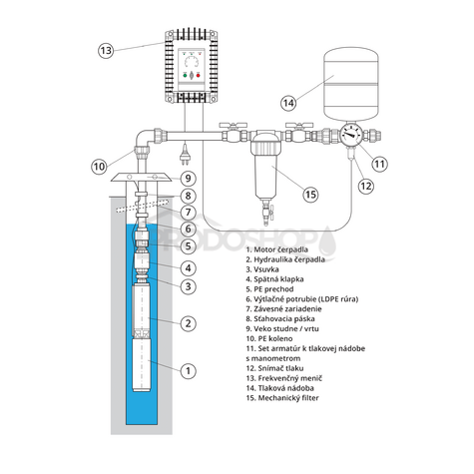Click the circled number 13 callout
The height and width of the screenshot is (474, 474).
pyautogui.click(x=106, y=51)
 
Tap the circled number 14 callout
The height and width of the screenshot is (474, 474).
pyautogui.click(x=288, y=103)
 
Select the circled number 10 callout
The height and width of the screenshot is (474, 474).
pyautogui.click(x=99, y=166)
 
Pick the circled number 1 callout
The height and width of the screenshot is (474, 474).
pyautogui.click(x=189, y=370)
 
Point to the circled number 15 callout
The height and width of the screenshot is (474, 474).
pyautogui.click(x=310, y=195)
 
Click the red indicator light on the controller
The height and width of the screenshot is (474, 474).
pyautogui.click(x=199, y=76)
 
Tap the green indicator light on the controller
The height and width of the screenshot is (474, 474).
pyautogui.click(x=185, y=76)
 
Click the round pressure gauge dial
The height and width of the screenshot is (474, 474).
pyautogui.click(x=351, y=135)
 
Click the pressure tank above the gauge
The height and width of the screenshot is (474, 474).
pyautogui.click(x=351, y=83)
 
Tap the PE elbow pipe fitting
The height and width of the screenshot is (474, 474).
pyautogui.click(x=145, y=141)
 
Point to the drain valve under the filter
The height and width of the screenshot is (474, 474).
pyautogui.click(x=266, y=213)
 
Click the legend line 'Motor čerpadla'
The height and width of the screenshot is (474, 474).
pyautogui.click(x=277, y=249)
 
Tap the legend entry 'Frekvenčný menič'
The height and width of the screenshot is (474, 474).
pyautogui.click(x=284, y=378)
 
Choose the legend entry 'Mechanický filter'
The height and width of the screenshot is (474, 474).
pyautogui.click(x=282, y=398)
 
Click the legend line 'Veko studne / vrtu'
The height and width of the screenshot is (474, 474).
pyautogui.click(x=282, y=328)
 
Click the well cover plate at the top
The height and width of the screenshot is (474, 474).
pyautogui.click(x=142, y=178)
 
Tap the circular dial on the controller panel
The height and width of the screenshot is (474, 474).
pyautogui.click(x=192, y=63)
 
